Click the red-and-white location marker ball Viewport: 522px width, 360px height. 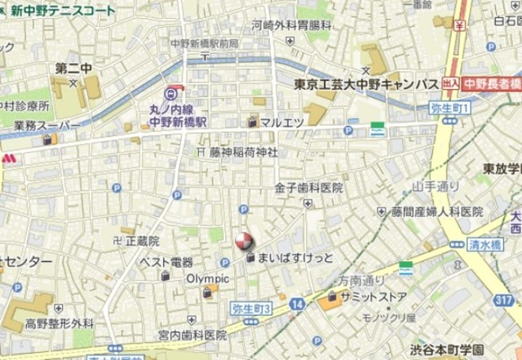pos(243,242)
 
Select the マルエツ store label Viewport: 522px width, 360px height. pos(282,122)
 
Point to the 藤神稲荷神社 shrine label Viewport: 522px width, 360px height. pos(243,152)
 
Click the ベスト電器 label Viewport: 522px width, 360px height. pos(166,262)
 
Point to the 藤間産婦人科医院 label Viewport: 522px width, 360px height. pos(431,211)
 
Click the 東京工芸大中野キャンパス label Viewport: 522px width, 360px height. pos(366,84)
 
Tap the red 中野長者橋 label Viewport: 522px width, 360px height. pos(492,83)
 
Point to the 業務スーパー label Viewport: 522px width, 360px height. pos(42,125)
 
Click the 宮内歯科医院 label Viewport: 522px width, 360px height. pos(192,335)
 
